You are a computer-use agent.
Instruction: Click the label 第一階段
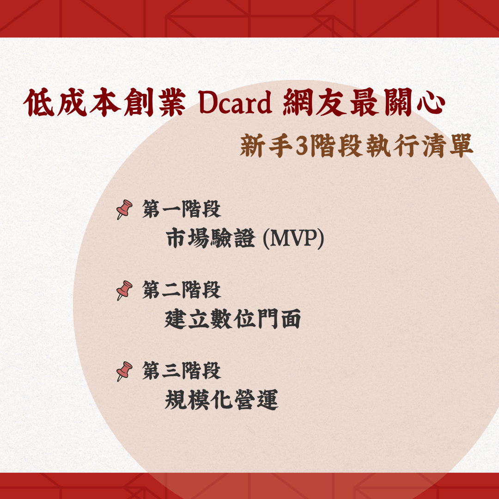(x=182, y=210)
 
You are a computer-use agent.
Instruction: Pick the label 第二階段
(x=182, y=290)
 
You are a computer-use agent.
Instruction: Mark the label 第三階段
(x=182, y=371)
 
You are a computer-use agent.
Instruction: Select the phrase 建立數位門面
(x=232, y=319)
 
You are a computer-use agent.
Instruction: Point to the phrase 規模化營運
(x=221, y=400)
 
